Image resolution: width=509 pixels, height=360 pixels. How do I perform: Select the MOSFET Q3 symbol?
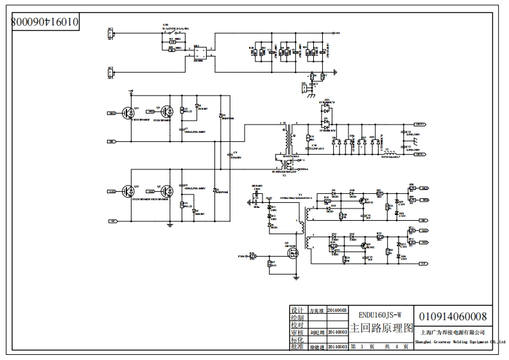coord(293,253)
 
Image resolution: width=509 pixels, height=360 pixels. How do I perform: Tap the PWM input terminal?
coord(241,256)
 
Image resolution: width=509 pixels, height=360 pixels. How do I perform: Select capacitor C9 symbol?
coord(230,154)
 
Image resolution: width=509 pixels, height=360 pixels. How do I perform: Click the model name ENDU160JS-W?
coord(381,314)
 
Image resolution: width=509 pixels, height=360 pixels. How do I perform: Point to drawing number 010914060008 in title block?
coord(453,316)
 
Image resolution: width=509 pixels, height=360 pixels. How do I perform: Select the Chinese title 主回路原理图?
coord(381,329)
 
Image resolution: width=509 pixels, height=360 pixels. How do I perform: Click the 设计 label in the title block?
coord(297,309)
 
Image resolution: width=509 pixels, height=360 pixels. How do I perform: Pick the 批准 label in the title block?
coord(297,347)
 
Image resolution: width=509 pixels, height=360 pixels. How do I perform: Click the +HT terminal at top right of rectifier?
coord(337,32)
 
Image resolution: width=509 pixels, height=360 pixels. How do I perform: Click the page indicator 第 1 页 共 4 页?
coord(381,347)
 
